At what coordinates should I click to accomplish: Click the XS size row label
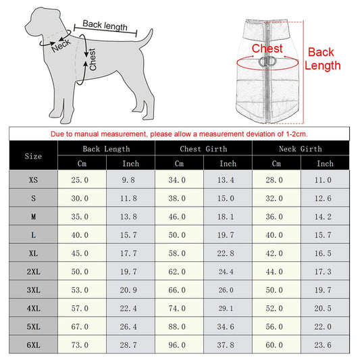coord(33,180)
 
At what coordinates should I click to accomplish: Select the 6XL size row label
coord(34,345)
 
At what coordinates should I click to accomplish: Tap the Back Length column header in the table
coord(106,149)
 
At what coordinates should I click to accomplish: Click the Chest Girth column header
coord(203,149)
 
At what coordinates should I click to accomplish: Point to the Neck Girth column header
coord(301,149)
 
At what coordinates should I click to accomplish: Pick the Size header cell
coord(33,156)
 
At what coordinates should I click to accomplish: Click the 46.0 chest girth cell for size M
coord(177,217)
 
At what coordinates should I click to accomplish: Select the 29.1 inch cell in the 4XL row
coord(226,308)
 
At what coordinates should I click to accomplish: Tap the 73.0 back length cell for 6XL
coord(80,345)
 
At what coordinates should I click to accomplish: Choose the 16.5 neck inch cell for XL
coord(323,253)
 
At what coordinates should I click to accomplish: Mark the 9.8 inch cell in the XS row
coord(128,180)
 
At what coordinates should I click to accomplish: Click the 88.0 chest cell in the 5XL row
coord(177,326)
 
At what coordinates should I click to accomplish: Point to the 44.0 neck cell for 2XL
coord(274,272)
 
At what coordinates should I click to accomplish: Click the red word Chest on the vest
coord(267,49)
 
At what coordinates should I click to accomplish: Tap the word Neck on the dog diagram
coord(61,45)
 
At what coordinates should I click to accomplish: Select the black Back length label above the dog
coord(105,25)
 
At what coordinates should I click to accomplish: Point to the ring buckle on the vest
coord(267,61)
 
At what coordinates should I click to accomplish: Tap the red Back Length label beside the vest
coord(322,59)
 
